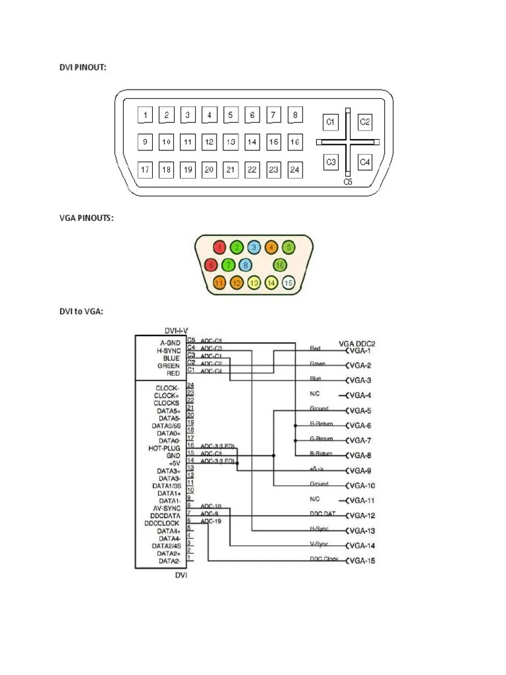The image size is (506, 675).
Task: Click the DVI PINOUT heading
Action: point(81,68)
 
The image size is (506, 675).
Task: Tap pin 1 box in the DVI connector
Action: point(145,115)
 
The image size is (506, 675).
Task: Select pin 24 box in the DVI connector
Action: point(295,170)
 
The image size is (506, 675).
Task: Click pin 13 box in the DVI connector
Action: point(231,142)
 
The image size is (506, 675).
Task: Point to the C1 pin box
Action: point(331,122)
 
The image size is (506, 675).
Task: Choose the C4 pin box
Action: point(365,161)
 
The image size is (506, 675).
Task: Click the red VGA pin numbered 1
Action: point(221,247)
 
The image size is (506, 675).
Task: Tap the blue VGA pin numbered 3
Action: point(254,247)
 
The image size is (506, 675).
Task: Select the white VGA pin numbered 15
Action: point(287,283)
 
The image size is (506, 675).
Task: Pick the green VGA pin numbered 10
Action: point(279,265)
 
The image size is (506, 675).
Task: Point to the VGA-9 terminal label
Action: point(360,471)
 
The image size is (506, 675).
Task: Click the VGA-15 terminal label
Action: point(362,561)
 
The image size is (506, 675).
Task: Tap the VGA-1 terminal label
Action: point(360,351)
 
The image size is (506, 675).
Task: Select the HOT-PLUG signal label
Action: point(165,448)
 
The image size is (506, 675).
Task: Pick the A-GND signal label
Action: point(169,343)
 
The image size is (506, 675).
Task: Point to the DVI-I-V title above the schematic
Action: point(181,330)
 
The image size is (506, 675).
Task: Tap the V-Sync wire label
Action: point(319,544)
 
